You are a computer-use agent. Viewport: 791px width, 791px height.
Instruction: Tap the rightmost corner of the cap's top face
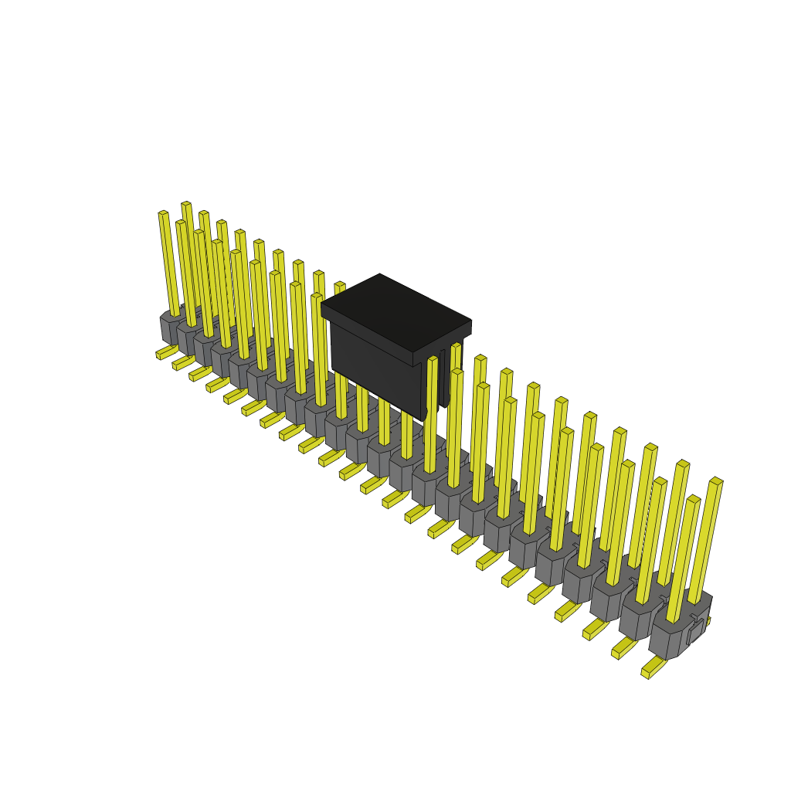point(470,321)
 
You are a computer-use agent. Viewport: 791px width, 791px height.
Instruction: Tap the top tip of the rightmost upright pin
point(716,481)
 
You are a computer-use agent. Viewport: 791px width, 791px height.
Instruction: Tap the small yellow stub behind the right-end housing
point(707,620)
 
